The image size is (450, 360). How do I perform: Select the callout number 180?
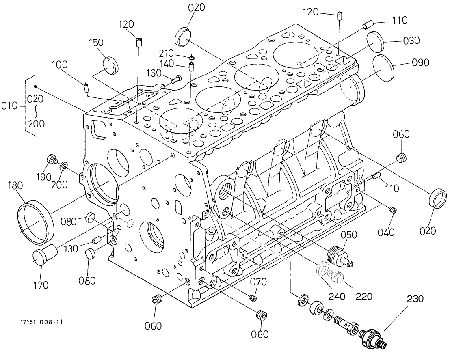pyautogui.click(x=15, y=186)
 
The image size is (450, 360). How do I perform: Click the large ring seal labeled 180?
pyautogui.click(x=35, y=223)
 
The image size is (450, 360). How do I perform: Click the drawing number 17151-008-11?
pyautogui.click(x=41, y=322)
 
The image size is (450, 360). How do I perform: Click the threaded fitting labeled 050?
pyautogui.click(x=340, y=256)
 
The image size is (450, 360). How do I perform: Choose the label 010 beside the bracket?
pyautogui.click(x=9, y=106)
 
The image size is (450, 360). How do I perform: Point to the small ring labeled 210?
pyautogui.click(x=191, y=56)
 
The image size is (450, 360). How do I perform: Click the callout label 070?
pyautogui.click(x=258, y=281)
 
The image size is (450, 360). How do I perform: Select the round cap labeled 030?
pyautogui.click(x=376, y=41)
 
